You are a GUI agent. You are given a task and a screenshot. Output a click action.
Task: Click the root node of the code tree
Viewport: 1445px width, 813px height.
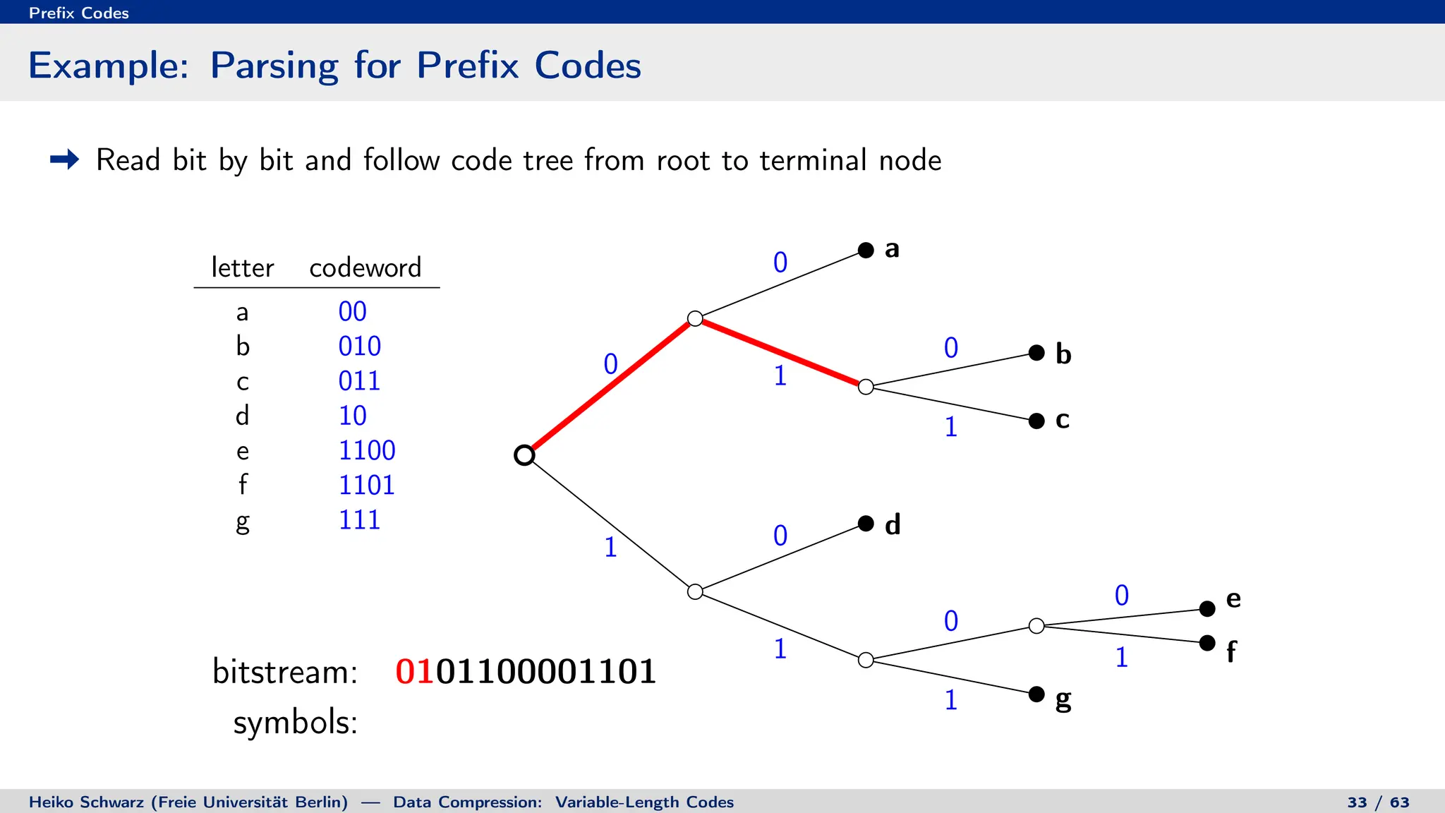click(x=524, y=455)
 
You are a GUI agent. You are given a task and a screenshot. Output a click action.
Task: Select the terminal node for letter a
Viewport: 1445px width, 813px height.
click(x=866, y=250)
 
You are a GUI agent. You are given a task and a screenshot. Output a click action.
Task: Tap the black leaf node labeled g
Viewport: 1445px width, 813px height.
click(x=1036, y=694)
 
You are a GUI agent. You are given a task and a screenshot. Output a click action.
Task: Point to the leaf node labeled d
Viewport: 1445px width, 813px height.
click(x=866, y=524)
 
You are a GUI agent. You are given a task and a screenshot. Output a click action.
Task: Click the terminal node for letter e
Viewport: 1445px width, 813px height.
click(x=1207, y=608)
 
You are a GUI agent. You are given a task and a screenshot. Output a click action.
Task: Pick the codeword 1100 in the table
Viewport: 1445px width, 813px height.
click(x=367, y=450)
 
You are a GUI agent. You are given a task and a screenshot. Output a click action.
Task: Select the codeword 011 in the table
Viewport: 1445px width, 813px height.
click(x=359, y=381)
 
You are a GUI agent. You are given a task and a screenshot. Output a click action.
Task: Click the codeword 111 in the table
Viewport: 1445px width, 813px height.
click(x=359, y=520)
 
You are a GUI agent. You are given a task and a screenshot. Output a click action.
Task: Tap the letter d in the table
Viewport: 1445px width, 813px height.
click(x=242, y=416)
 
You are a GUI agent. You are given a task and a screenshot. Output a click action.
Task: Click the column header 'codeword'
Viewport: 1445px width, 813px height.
click(x=365, y=268)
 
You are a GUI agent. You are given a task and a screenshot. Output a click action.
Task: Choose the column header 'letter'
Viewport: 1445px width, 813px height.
click(x=242, y=268)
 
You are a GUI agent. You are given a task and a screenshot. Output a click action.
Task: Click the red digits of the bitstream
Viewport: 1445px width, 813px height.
click(x=415, y=671)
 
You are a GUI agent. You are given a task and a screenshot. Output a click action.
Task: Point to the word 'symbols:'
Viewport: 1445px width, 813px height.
click(x=295, y=723)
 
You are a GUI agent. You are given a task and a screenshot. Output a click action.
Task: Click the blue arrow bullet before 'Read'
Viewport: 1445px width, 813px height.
click(x=65, y=159)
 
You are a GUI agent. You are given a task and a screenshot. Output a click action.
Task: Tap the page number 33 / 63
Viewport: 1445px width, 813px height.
click(x=1378, y=802)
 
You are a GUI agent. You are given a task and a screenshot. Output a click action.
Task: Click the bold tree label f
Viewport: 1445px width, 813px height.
click(x=1231, y=651)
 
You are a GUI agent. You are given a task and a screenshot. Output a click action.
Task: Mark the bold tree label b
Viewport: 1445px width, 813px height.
click(x=1063, y=354)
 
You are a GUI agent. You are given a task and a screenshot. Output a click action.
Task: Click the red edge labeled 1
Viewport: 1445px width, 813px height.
click(x=780, y=352)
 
